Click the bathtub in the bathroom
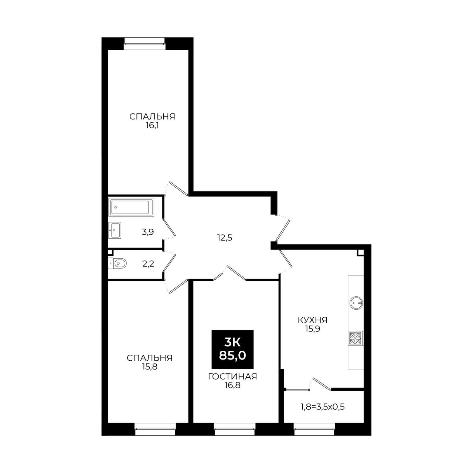(x=131, y=207)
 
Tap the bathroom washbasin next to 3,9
(x=115, y=230)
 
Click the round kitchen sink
(x=356, y=303)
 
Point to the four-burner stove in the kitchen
(x=355, y=338)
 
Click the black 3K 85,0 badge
(x=232, y=349)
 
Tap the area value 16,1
(x=152, y=126)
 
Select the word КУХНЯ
(x=313, y=320)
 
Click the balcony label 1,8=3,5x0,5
(x=323, y=407)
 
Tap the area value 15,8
(x=150, y=367)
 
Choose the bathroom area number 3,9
(x=148, y=232)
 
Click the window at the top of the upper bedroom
(x=144, y=44)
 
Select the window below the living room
(x=234, y=429)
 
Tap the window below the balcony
(x=315, y=429)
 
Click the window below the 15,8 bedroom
(x=155, y=429)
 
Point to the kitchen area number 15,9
(x=313, y=329)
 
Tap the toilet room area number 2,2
(x=148, y=264)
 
